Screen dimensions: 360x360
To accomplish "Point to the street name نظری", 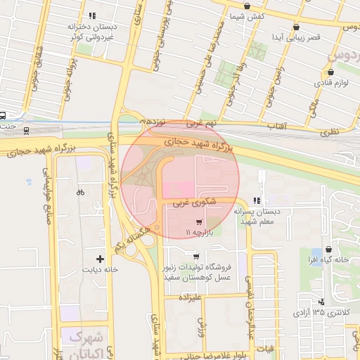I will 330,131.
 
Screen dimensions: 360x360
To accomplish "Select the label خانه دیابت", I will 101,269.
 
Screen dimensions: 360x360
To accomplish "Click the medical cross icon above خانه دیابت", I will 101,259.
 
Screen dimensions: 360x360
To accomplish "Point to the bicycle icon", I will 81,191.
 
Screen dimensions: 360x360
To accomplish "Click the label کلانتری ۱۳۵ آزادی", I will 321,311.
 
